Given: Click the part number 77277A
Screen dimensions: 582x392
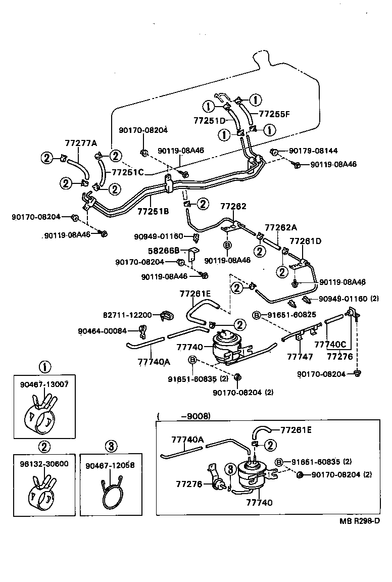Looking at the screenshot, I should pos(80,143).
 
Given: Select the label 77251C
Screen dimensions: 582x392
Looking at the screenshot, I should pos(128,172).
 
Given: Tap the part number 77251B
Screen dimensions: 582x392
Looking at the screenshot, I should pos(153,212).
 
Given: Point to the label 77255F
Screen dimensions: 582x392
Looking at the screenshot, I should pos(275,114).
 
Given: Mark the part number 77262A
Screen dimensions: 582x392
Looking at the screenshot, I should pos(281,228).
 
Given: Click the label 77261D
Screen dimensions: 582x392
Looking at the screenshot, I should pos(305,241).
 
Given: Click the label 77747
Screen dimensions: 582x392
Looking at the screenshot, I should pos(300,356).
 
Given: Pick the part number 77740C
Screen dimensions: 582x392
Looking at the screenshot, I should pos(330,345).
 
